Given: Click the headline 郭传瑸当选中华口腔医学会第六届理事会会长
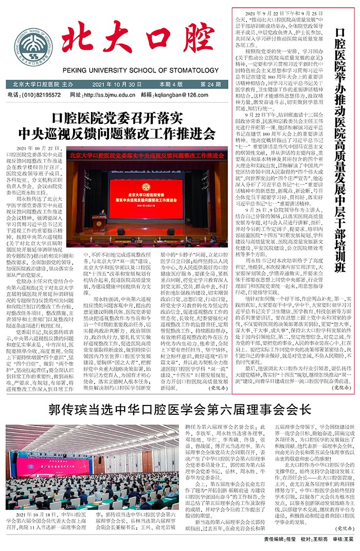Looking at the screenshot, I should pyautogui.click(x=179, y=410).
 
